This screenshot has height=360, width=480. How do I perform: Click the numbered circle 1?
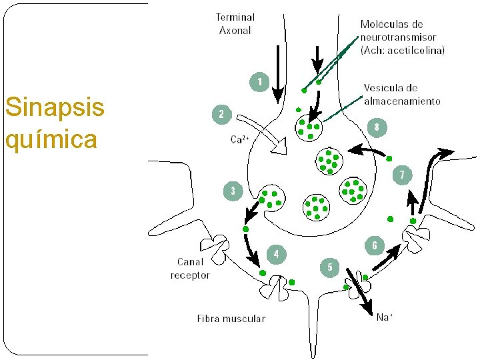[x=259, y=83]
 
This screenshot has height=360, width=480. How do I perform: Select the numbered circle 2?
[x=221, y=115]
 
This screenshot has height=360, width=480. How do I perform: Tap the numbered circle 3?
[x=233, y=191]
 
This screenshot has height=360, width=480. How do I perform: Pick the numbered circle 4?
[x=277, y=254]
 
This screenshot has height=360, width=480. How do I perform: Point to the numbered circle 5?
[x=329, y=267]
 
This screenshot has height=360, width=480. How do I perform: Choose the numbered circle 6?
[x=374, y=246]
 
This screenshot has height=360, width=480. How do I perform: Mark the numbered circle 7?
[x=402, y=175]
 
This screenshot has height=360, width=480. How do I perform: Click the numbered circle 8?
[x=377, y=127]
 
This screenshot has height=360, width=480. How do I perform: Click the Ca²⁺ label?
[x=240, y=140]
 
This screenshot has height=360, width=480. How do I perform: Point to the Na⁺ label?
[x=384, y=317]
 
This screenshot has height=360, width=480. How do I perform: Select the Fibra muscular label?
[x=231, y=318]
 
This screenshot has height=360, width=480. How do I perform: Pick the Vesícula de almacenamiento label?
[x=402, y=94]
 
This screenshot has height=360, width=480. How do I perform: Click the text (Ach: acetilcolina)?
[x=403, y=50]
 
